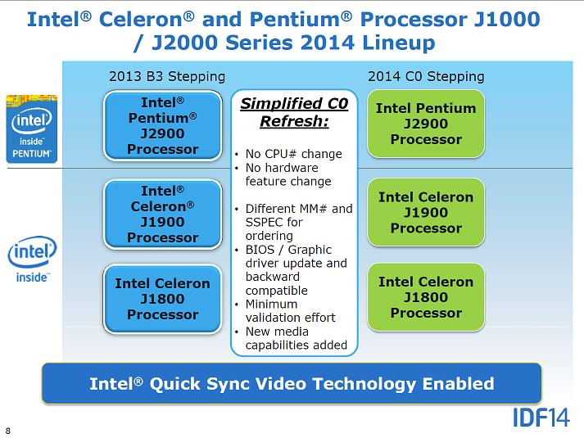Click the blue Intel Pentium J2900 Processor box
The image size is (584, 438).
(x=163, y=126)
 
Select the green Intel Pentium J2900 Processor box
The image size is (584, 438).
(x=426, y=124)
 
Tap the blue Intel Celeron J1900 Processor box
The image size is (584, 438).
(x=163, y=214)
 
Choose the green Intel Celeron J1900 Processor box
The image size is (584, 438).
(x=426, y=212)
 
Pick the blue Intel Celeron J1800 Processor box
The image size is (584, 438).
(x=163, y=299)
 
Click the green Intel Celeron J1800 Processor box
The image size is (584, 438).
(x=426, y=297)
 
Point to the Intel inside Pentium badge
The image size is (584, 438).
(x=32, y=129)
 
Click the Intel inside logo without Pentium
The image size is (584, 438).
(x=32, y=259)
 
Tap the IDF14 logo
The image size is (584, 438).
(x=541, y=418)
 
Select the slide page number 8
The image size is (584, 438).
(x=8, y=431)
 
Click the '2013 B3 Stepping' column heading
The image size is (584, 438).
(x=167, y=77)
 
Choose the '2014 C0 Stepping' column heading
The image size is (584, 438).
(x=426, y=77)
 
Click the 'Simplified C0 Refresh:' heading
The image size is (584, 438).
(x=294, y=112)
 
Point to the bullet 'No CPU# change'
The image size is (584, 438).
(x=293, y=154)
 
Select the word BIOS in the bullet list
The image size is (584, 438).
(x=260, y=250)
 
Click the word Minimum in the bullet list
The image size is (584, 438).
(x=271, y=305)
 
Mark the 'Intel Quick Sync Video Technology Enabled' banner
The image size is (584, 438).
(x=292, y=384)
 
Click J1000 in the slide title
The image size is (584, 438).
(x=506, y=20)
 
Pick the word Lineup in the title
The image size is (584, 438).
(x=399, y=43)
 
